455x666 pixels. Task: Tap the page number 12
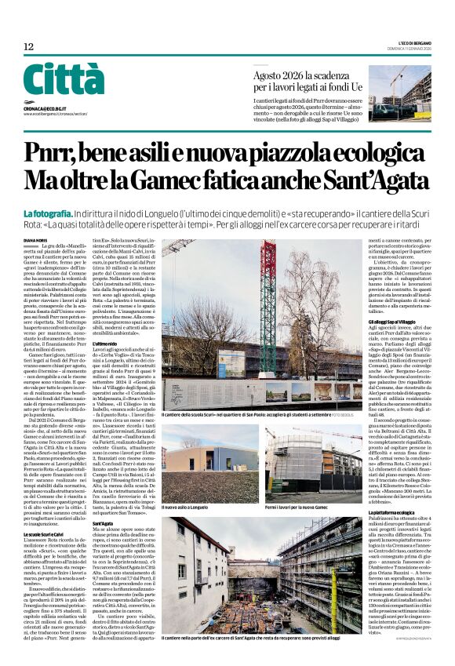click(x=29, y=47)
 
